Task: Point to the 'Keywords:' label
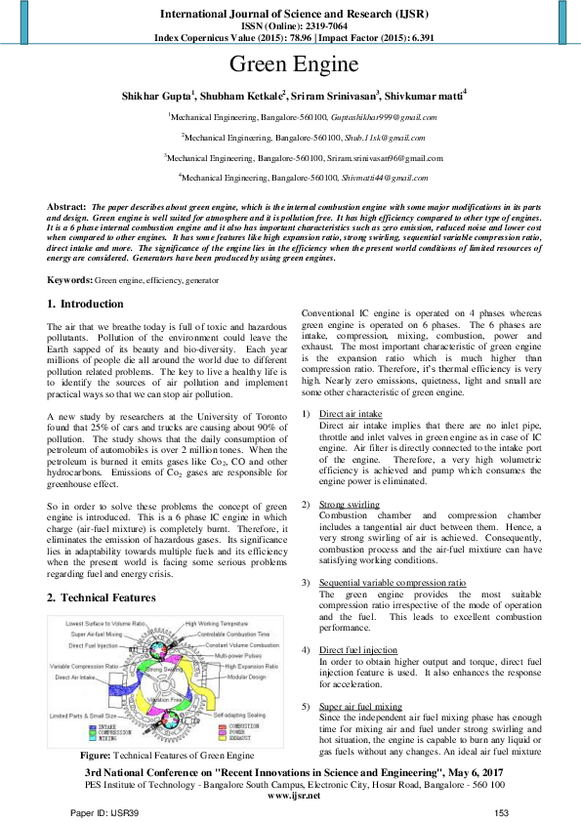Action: click(70, 280)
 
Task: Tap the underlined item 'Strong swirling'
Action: click(350, 504)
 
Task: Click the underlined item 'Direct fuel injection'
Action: click(357, 649)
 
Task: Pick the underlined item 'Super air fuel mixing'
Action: click(360, 706)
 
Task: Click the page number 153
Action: click(502, 812)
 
